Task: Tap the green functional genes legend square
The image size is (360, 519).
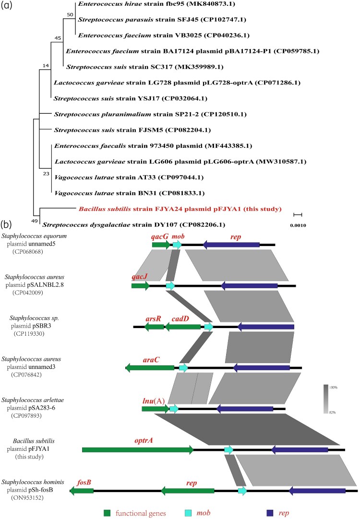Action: click(x=108, y=512)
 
